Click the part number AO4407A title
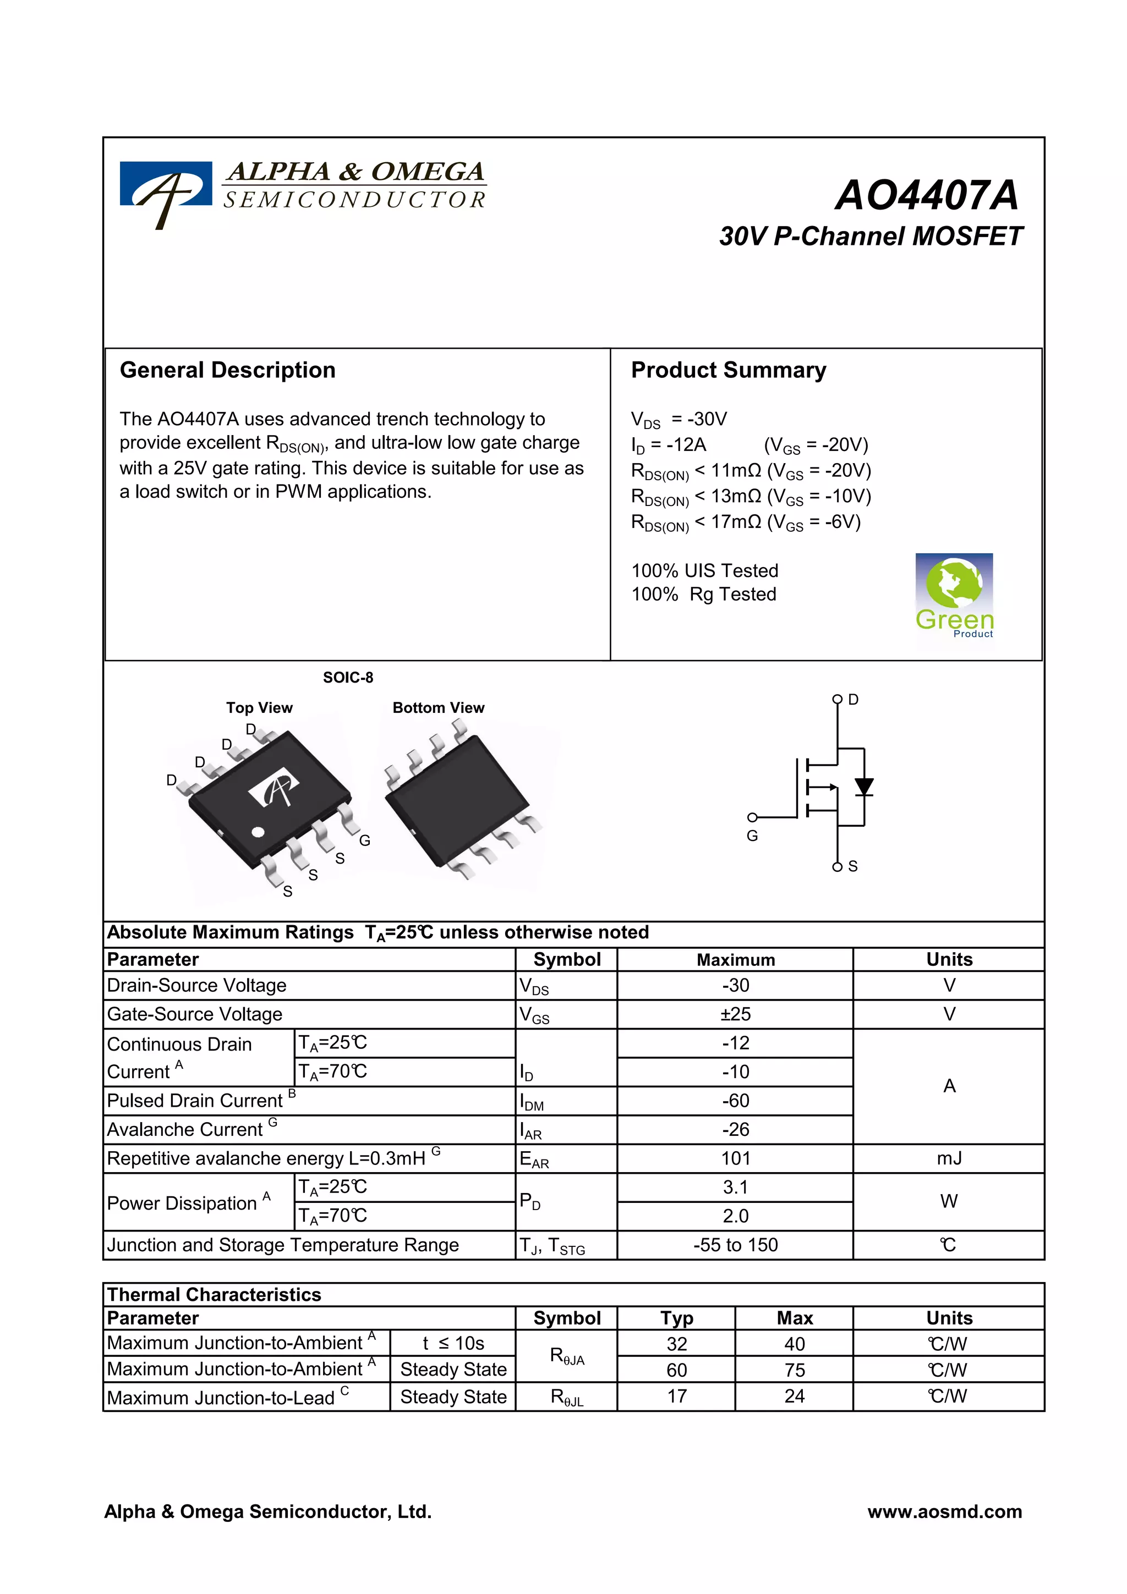(x=926, y=195)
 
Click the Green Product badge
(x=954, y=596)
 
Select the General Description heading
(x=227, y=370)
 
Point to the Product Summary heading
(x=729, y=370)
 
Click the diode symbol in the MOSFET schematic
(x=864, y=787)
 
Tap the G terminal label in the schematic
(x=752, y=836)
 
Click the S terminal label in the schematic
(x=853, y=866)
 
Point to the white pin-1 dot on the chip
(x=258, y=832)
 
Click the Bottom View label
(x=438, y=707)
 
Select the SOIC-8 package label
(x=348, y=678)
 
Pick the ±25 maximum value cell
(x=735, y=1014)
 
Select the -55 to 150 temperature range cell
(x=735, y=1245)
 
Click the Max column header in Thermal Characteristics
(x=795, y=1318)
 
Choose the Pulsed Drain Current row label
(x=195, y=1101)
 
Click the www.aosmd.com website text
(x=944, y=1511)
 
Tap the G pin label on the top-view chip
(x=364, y=841)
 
